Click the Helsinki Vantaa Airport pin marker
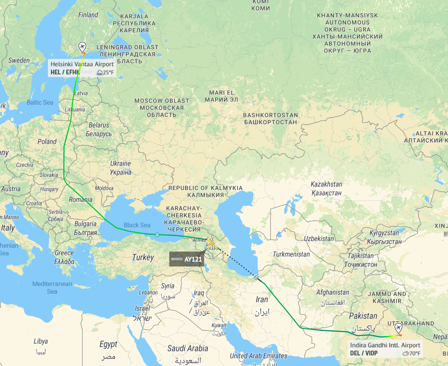pyautogui.click(x=82, y=47)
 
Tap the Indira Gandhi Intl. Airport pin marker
pyautogui.click(x=399, y=328)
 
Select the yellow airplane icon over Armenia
pyautogui.click(x=211, y=243)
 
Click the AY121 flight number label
pyautogui.click(x=193, y=259)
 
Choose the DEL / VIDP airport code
pyautogui.click(x=364, y=353)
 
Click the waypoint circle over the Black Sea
pyautogui.click(x=157, y=234)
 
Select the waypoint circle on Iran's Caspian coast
pyautogui.click(x=256, y=278)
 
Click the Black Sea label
pyautogui.click(x=137, y=225)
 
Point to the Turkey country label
pyautogui.click(x=143, y=258)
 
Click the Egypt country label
pyautogui.click(x=108, y=344)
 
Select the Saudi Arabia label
pyautogui.click(x=188, y=348)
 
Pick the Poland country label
pyautogui.click(x=47, y=141)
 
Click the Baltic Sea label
pyautogui.click(x=40, y=102)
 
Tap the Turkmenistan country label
pyautogui.click(x=291, y=254)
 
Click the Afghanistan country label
pyautogui.click(x=332, y=293)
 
